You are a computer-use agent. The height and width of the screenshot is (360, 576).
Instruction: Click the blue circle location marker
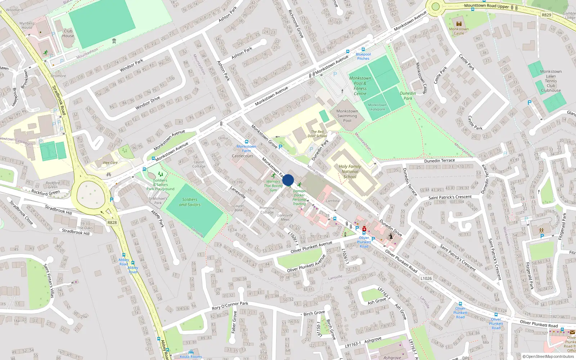click(288, 180)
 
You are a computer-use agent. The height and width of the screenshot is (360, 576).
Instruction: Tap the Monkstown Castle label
click(459, 31)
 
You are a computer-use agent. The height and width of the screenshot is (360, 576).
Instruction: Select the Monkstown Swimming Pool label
click(347, 116)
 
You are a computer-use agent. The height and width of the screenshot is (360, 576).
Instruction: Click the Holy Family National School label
click(350, 171)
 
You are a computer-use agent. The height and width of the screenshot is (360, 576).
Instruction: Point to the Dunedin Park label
click(408, 96)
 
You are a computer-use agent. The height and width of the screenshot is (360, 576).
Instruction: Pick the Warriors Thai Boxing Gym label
click(273, 186)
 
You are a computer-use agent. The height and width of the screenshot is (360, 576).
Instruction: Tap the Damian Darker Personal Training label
click(299, 198)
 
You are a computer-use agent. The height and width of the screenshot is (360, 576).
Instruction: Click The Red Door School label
click(317, 134)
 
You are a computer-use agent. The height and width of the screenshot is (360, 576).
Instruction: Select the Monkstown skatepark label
click(377, 107)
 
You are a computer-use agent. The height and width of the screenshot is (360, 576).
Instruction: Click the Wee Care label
click(110, 163)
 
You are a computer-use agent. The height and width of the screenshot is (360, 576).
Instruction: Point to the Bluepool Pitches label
click(363, 57)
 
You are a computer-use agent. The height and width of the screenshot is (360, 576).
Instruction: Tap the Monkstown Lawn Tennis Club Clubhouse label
click(551, 81)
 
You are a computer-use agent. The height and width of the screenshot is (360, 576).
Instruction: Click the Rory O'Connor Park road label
click(230, 306)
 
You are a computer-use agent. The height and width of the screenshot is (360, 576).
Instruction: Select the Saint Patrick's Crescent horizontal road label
click(450, 197)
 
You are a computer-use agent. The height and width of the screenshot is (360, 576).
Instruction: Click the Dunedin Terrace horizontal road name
click(439, 161)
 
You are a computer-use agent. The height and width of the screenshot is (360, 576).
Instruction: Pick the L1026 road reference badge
click(426, 278)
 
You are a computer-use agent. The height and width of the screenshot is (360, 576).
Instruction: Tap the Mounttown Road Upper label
click(486, 6)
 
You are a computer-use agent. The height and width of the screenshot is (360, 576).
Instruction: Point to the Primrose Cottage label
click(267, 210)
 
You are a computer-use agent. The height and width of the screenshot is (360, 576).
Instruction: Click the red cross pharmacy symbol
click(364, 229)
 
